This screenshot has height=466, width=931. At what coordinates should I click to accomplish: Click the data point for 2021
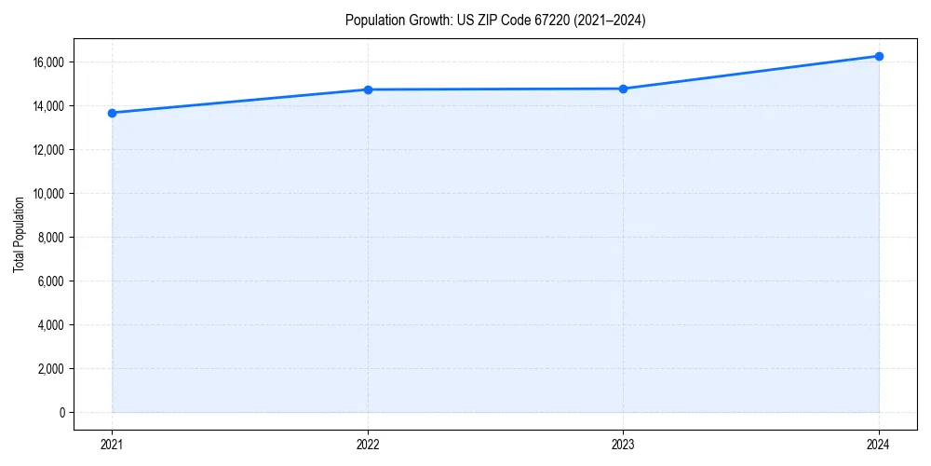(x=112, y=113)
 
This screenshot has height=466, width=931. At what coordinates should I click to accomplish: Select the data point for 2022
(x=368, y=89)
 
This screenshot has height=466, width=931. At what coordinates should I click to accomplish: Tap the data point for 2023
(x=624, y=89)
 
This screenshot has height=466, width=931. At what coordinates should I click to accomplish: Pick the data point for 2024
(x=879, y=56)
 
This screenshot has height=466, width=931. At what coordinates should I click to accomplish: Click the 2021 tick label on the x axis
(x=112, y=445)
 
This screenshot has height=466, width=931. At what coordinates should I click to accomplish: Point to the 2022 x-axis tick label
(x=368, y=445)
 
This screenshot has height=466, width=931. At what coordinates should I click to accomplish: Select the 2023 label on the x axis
(x=624, y=445)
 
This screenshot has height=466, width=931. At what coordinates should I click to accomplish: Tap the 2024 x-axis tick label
(x=879, y=445)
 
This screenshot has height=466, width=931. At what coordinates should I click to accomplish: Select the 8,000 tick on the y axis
(x=51, y=238)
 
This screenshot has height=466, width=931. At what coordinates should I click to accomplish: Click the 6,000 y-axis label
(x=51, y=281)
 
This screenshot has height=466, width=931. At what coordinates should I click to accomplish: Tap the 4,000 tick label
(x=51, y=325)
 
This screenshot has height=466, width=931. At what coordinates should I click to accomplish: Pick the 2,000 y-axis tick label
(x=51, y=369)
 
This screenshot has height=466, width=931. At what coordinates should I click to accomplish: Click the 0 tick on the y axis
(x=61, y=413)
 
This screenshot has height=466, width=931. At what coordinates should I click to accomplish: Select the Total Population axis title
(x=19, y=234)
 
